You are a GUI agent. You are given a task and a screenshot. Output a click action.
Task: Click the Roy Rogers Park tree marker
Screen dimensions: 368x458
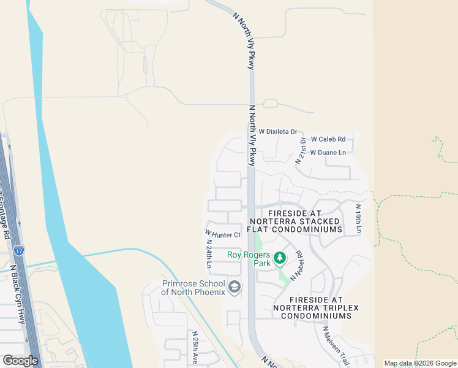point(280,258)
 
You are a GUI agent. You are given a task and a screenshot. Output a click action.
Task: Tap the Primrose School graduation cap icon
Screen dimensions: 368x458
point(234,286)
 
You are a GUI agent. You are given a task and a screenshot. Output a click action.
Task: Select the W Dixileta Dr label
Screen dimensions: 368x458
point(277,131)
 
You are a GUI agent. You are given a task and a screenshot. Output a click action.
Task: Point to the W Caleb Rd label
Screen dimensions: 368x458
point(328,139)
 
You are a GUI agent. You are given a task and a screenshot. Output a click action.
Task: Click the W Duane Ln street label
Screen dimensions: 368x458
point(328,152)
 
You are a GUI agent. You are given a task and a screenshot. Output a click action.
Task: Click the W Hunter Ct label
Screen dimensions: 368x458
point(223,234)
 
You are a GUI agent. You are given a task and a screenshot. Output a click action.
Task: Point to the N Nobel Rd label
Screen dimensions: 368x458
point(297,266)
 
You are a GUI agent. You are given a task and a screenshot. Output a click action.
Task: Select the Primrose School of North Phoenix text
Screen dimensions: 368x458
point(193,288)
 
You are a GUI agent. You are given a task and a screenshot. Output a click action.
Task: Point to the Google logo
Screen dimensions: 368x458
point(20,360)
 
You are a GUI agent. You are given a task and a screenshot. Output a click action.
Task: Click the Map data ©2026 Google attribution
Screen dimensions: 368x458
point(420,363)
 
